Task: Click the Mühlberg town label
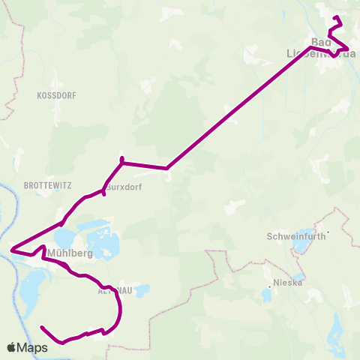[x=69, y=253]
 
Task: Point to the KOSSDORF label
[x=52, y=96]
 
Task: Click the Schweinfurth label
[x=295, y=236]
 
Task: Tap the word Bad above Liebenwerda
[x=320, y=42]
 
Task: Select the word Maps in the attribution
[x=33, y=348]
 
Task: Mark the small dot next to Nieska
[x=269, y=286]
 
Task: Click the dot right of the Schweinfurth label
[x=328, y=232]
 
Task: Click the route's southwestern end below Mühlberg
[x=42, y=328]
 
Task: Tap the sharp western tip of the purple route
[x=11, y=248]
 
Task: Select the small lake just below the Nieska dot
[x=267, y=295]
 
